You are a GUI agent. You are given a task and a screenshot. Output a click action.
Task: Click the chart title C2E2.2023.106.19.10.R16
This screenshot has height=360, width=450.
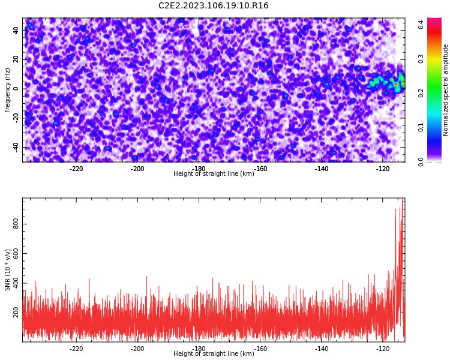[213, 5]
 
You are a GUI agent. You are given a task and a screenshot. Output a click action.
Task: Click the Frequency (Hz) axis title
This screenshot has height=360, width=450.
[7, 90]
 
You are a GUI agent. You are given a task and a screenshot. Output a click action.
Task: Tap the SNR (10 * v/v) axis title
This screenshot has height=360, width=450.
[7, 270]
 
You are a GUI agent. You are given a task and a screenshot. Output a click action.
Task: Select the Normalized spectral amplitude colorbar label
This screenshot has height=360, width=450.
[445, 90]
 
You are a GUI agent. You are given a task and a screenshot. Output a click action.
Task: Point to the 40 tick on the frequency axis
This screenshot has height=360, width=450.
[16, 30]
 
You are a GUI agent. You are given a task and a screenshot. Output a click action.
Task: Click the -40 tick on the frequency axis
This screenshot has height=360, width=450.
[16, 147]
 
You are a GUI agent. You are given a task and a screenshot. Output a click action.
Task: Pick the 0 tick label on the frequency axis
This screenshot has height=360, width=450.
[16, 89]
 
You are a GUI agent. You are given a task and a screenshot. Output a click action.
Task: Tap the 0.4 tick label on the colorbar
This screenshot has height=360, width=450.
[421, 25]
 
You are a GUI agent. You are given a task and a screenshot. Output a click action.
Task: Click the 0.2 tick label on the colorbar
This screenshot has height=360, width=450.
[421, 93]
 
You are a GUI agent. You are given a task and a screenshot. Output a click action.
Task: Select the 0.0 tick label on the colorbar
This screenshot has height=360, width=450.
[421, 162]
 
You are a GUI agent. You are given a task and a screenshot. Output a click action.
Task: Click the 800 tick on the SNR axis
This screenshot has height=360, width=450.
[16, 224]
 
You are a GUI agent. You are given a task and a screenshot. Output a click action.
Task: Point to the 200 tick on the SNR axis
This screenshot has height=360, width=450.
[16, 312]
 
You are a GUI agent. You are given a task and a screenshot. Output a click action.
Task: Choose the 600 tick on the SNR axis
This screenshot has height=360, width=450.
[16, 253]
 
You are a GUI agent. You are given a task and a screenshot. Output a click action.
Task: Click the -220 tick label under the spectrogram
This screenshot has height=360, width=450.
[76, 169]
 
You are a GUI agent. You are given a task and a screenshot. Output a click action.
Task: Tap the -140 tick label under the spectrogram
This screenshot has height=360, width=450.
[321, 169]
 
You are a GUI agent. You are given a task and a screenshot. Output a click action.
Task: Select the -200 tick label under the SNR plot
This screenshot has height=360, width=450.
[137, 349]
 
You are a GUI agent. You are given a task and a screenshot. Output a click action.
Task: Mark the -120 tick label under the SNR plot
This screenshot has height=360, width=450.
[383, 349]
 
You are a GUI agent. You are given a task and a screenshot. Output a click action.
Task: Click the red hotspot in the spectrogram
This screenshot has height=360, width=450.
[396, 84]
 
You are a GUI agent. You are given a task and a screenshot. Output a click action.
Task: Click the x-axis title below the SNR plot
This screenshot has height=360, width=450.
[214, 353]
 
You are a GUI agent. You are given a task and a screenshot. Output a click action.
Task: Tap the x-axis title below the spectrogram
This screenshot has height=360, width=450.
[214, 173]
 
